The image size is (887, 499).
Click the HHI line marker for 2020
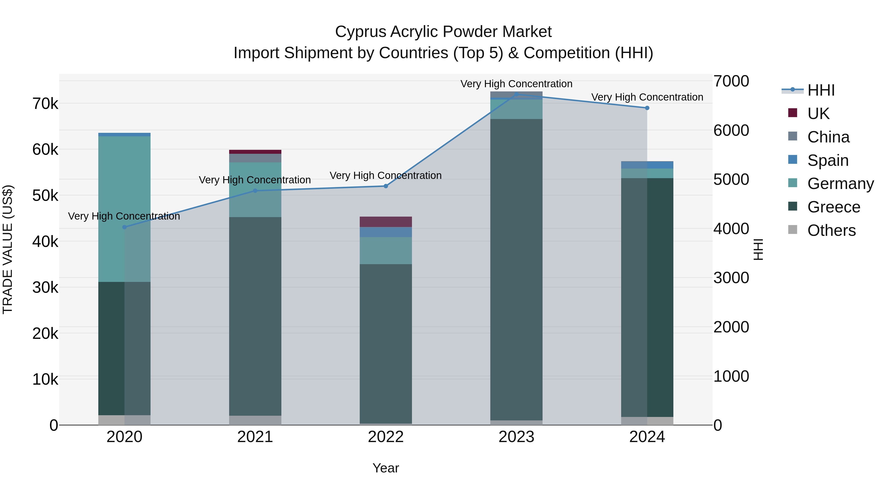coord(124,227)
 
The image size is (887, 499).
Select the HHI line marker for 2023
coord(516,94)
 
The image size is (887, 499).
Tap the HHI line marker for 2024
coord(647,108)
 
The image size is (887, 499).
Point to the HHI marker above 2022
coord(386,186)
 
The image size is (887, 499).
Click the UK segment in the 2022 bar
coord(386,222)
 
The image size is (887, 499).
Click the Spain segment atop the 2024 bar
coord(647,165)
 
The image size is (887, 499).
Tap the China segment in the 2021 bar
coord(255,158)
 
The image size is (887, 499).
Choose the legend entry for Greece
coord(834,207)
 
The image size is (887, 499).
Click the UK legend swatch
coord(792,113)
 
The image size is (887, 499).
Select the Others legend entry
coord(831,230)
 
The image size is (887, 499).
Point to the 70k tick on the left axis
coord(45,104)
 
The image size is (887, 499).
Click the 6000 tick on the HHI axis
coord(731,131)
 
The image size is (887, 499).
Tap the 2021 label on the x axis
coord(255,437)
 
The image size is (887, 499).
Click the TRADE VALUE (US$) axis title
coord(8,249)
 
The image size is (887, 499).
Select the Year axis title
coord(386,468)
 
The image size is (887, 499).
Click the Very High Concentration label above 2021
coord(255,180)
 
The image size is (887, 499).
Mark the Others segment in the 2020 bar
coord(124,420)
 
